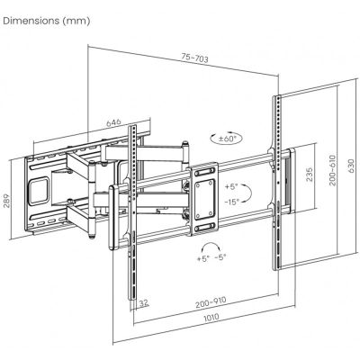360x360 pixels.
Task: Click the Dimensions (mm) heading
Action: (x=46, y=21)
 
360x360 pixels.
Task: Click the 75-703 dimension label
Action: (x=194, y=58)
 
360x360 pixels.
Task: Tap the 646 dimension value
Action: (x=113, y=122)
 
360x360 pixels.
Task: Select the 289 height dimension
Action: (x=7, y=202)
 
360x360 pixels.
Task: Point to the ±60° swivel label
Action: (x=227, y=139)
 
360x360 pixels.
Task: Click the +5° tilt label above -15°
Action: (x=231, y=186)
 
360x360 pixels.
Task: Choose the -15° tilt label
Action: (x=232, y=202)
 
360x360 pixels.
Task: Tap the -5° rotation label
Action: (x=220, y=257)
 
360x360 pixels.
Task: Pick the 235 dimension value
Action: (x=310, y=175)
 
